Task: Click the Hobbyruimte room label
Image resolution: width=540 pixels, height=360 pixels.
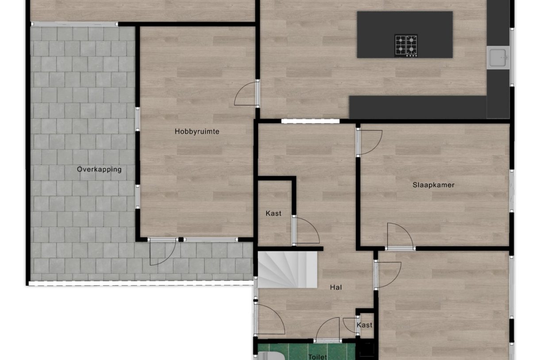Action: (197, 132)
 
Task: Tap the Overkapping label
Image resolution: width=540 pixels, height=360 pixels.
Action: (99, 169)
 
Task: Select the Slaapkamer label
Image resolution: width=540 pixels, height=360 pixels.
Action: (433, 185)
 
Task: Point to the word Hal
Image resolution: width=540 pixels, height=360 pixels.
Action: (336, 287)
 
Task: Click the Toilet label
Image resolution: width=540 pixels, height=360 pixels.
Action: (317, 356)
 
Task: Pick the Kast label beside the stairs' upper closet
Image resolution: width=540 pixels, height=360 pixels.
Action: (274, 213)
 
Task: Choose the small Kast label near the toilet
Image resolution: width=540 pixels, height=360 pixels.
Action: (365, 325)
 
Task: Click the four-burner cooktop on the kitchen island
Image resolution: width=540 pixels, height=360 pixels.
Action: (406, 45)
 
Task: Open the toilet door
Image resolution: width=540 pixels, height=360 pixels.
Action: (328, 330)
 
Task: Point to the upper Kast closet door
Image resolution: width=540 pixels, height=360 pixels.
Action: (305, 231)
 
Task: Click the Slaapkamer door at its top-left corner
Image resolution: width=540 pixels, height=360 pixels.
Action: (369, 142)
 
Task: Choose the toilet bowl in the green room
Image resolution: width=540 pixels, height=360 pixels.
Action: (268, 356)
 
